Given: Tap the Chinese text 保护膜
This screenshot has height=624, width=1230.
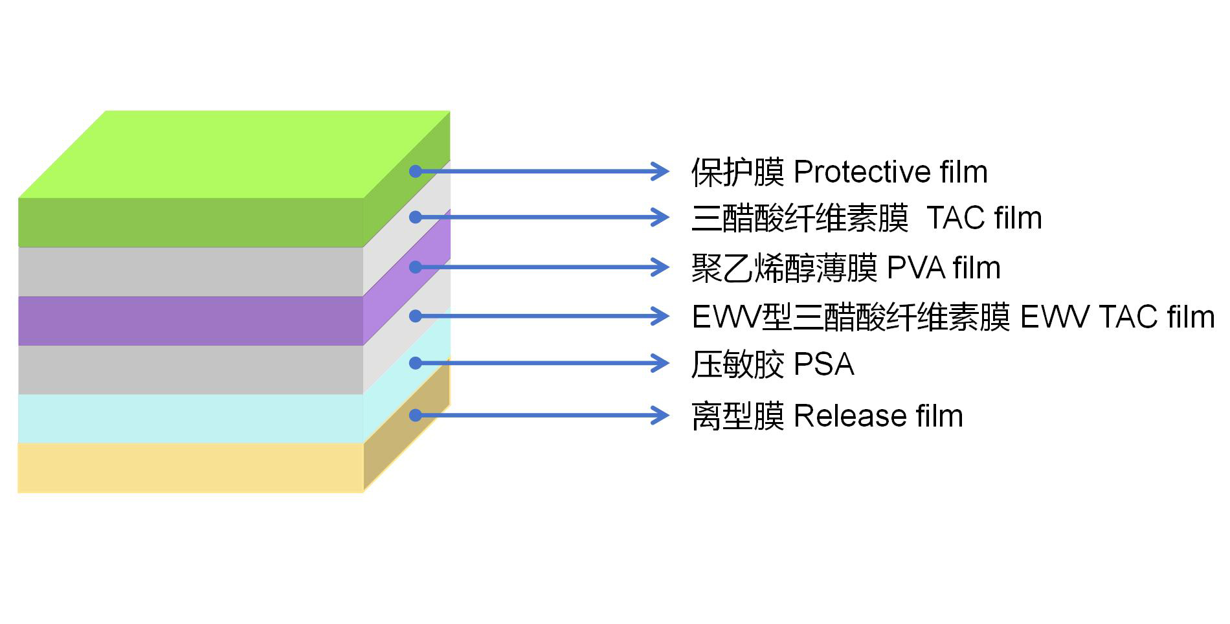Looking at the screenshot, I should (x=737, y=172).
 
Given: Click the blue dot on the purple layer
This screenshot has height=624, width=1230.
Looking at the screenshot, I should (x=416, y=267).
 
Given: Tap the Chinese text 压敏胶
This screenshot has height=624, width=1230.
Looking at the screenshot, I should (x=737, y=364).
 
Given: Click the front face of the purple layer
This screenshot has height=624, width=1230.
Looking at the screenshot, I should (x=190, y=321).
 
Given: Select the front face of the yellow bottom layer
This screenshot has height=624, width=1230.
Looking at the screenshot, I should (x=190, y=467).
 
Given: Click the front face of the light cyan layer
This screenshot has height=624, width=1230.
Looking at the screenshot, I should (x=190, y=418).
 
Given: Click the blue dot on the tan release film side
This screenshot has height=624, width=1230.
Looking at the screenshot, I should (x=416, y=415).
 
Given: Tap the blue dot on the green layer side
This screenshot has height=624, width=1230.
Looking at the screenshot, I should (x=416, y=172).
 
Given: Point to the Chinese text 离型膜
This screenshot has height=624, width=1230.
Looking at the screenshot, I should (x=737, y=416).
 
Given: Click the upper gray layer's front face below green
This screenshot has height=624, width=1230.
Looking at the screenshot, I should (x=190, y=272).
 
